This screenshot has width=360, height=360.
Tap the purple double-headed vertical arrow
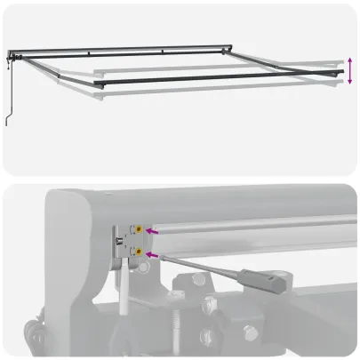[350, 70]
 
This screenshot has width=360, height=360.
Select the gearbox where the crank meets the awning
[12, 59]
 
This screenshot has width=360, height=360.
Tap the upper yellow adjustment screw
[140, 229]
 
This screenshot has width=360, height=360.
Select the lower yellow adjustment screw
[140, 252]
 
